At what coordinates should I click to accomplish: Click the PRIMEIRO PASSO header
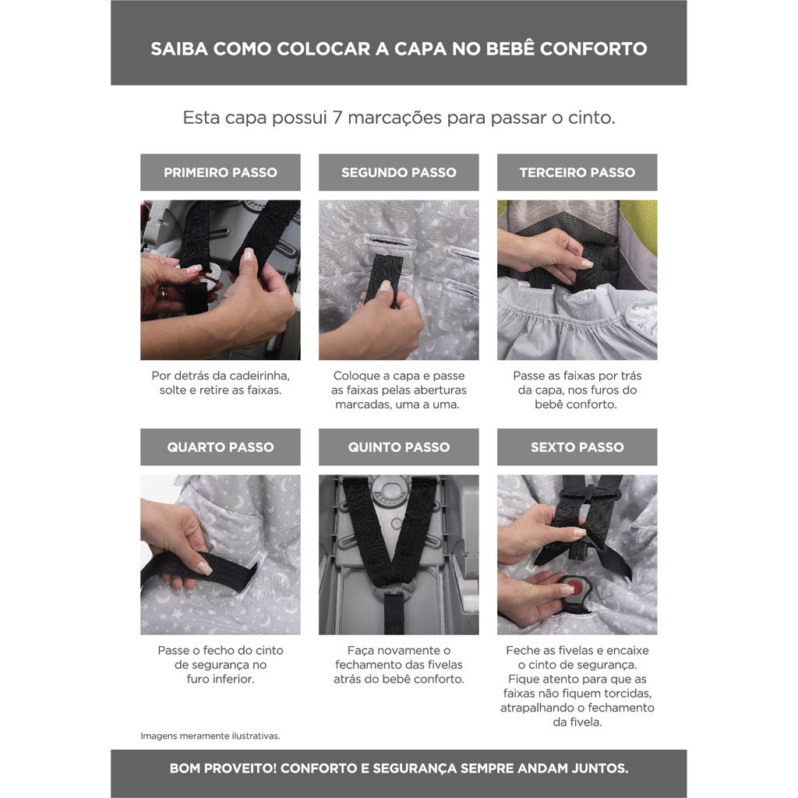[221, 172]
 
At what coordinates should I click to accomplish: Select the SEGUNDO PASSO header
[398, 172]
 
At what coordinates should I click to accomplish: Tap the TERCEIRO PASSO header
[577, 172]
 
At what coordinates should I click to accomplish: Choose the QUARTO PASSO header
[221, 447]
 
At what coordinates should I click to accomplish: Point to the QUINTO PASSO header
[398, 447]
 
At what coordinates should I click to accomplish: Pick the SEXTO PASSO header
[577, 447]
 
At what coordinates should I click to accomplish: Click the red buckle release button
[575, 587]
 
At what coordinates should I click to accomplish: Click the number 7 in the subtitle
[337, 118]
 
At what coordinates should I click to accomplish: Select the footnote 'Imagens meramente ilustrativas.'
[210, 736]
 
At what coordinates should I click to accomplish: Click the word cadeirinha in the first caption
[260, 376]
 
